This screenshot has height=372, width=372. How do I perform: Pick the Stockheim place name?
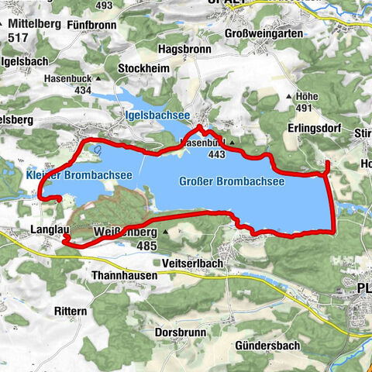(x=144, y=68)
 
